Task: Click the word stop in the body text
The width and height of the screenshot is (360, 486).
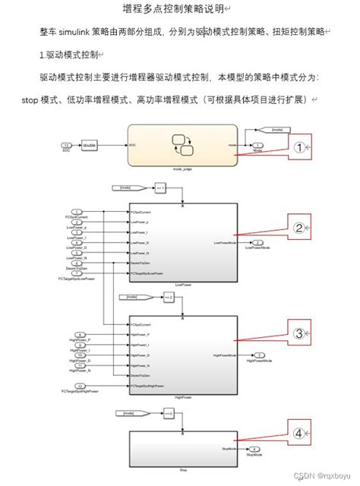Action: [30, 99]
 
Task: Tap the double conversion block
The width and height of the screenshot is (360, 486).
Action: [88, 144]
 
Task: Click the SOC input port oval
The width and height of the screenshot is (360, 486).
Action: [66, 144]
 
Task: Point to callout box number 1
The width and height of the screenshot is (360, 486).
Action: [300, 147]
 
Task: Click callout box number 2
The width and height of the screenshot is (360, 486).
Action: [299, 227]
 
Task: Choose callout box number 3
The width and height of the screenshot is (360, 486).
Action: [299, 333]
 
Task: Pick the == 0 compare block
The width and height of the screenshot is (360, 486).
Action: [169, 413]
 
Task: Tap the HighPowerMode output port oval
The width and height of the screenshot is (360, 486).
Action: [259, 355]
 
